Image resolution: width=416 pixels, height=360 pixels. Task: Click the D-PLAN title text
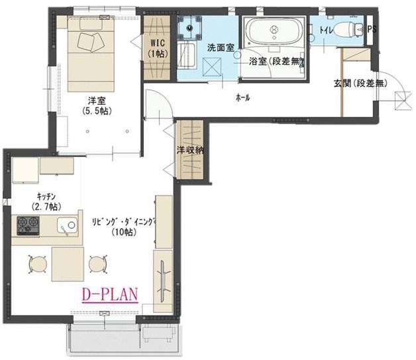click(x=110, y=295)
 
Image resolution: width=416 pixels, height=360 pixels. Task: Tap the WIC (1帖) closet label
click(x=158, y=48)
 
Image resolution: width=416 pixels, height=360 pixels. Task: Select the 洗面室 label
click(x=221, y=48)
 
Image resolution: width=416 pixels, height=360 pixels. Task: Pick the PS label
click(x=372, y=29)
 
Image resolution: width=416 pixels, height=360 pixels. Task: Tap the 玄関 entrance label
click(x=360, y=84)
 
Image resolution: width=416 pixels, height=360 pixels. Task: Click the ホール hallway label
click(x=242, y=98)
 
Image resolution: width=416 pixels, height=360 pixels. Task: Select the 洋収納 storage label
click(x=190, y=150)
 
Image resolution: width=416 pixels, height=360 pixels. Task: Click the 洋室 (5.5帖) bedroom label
click(x=98, y=105)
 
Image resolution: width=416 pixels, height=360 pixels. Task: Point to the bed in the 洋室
click(x=91, y=54)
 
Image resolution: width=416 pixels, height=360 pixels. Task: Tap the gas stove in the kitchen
click(x=28, y=225)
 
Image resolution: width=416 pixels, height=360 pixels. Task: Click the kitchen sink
click(x=67, y=226)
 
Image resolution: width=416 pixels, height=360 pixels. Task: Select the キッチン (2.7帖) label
click(x=46, y=202)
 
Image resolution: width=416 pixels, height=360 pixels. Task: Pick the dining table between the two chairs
click(x=68, y=264)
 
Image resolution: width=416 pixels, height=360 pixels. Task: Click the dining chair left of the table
click(x=38, y=264)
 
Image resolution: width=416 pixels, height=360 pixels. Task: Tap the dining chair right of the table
click(x=98, y=264)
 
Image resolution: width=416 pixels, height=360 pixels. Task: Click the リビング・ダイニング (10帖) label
click(x=124, y=227)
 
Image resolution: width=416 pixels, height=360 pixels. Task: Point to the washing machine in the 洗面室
click(x=189, y=28)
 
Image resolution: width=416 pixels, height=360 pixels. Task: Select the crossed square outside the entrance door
click(x=403, y=101)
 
